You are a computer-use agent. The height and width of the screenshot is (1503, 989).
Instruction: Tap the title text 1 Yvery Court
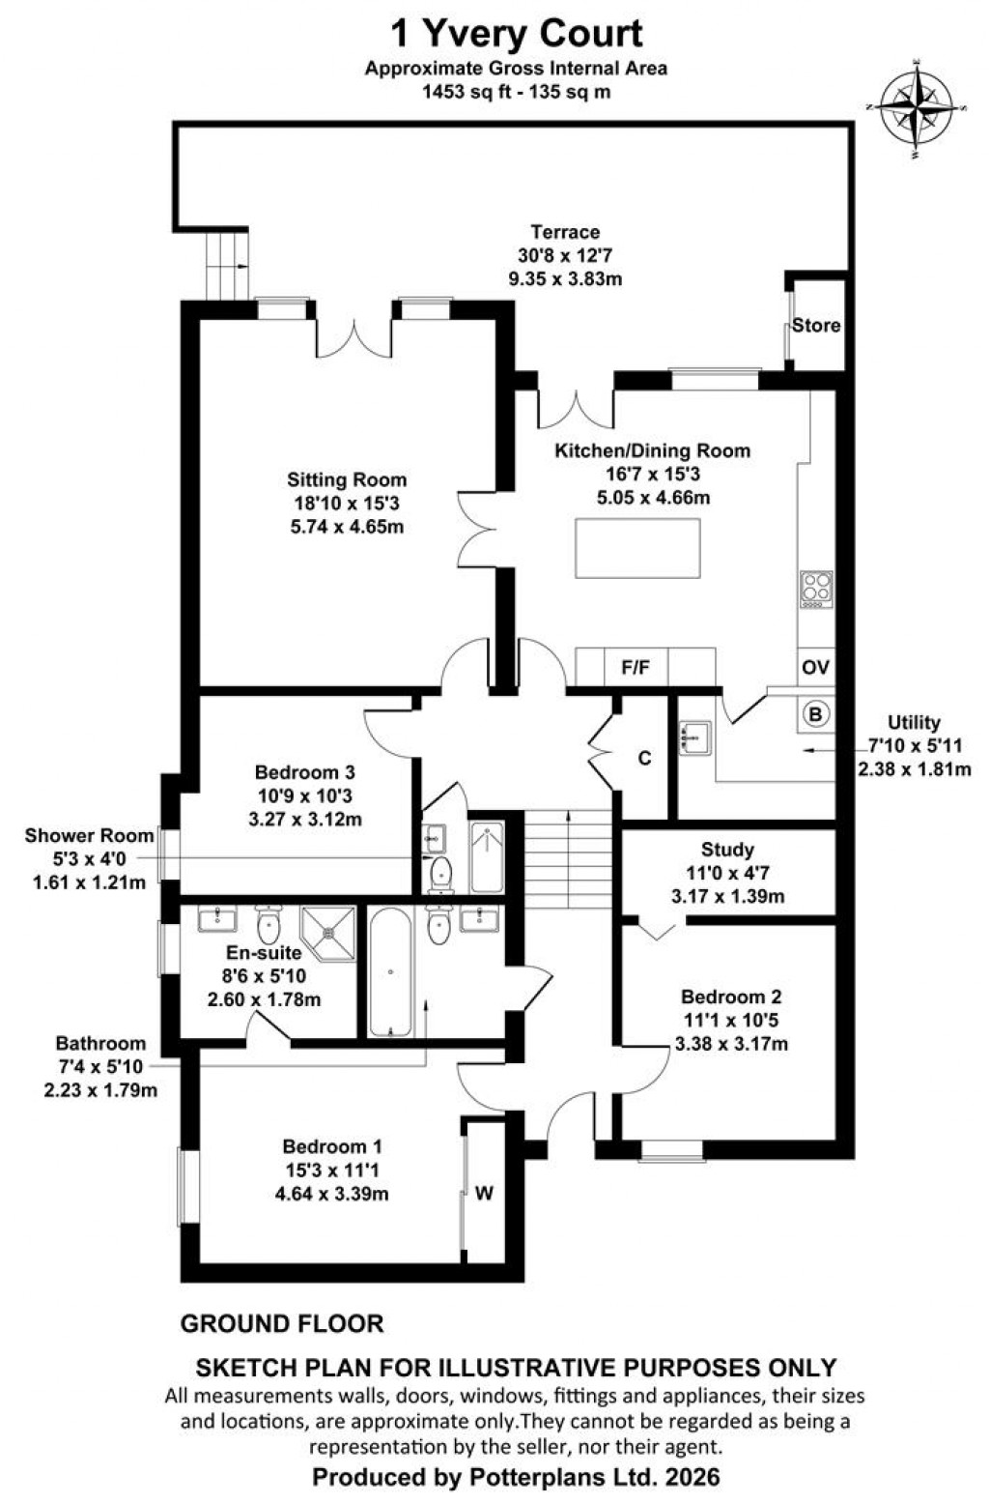[x=516, y=34]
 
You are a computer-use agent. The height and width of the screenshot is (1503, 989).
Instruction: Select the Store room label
[x=816, y=326]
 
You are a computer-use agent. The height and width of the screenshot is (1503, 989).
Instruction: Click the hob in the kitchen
[x=816, y=590]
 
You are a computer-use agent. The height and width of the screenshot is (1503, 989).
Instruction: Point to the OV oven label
[x=816, y=667]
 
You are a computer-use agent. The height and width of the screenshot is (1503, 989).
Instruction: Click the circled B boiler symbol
[x=816, y=714]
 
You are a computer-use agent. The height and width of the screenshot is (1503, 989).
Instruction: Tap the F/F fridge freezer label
[x=635, y=667]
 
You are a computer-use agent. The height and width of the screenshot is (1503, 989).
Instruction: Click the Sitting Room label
[x=347, y=480]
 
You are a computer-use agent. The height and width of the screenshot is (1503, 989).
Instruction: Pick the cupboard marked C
[x=644, y=758]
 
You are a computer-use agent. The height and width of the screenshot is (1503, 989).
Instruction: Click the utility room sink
[x=693, y=737]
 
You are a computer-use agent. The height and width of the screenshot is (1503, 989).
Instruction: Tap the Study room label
[x=727, y=850]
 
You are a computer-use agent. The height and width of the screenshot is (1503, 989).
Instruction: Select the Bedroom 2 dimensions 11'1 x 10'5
[x=731, y=1021]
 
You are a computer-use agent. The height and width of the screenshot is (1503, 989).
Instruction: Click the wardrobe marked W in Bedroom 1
[x=484, y=1194]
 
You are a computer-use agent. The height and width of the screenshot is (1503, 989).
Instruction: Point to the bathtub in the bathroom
[x=391, y=971]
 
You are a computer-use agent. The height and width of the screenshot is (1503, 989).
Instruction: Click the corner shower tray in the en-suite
[x=329, y=932]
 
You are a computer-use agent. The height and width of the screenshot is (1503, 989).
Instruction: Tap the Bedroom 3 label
[x=305, y=772]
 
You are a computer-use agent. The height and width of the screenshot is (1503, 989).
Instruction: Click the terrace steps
[x=227, y=265]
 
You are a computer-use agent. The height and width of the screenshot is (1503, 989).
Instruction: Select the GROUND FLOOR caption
[x=282, y=1324]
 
